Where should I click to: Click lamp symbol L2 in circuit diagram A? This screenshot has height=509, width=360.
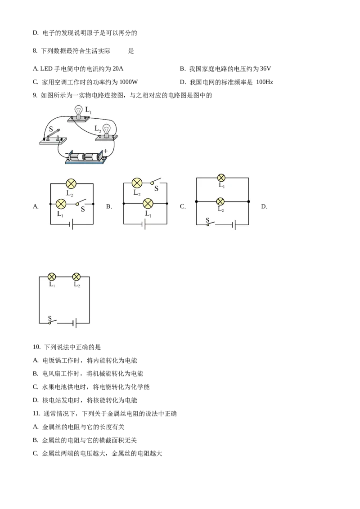71,184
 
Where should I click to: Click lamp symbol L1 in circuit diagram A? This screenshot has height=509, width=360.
61,204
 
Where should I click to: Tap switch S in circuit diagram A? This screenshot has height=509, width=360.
81,203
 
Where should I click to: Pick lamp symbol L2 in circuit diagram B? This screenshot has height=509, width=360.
137,183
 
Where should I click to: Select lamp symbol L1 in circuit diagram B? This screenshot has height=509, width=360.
148,204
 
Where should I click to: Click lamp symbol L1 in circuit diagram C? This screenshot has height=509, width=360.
221,178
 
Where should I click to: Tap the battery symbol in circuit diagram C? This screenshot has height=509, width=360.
234,225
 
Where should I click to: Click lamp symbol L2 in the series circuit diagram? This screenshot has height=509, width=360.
76,277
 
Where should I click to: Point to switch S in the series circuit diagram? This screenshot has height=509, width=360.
52,321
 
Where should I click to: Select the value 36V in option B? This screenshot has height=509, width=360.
265,68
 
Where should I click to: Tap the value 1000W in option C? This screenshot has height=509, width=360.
129,82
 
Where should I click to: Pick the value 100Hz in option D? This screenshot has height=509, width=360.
265,82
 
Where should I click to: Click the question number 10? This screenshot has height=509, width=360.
36,347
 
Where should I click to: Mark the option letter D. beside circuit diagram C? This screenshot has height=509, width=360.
264,206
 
